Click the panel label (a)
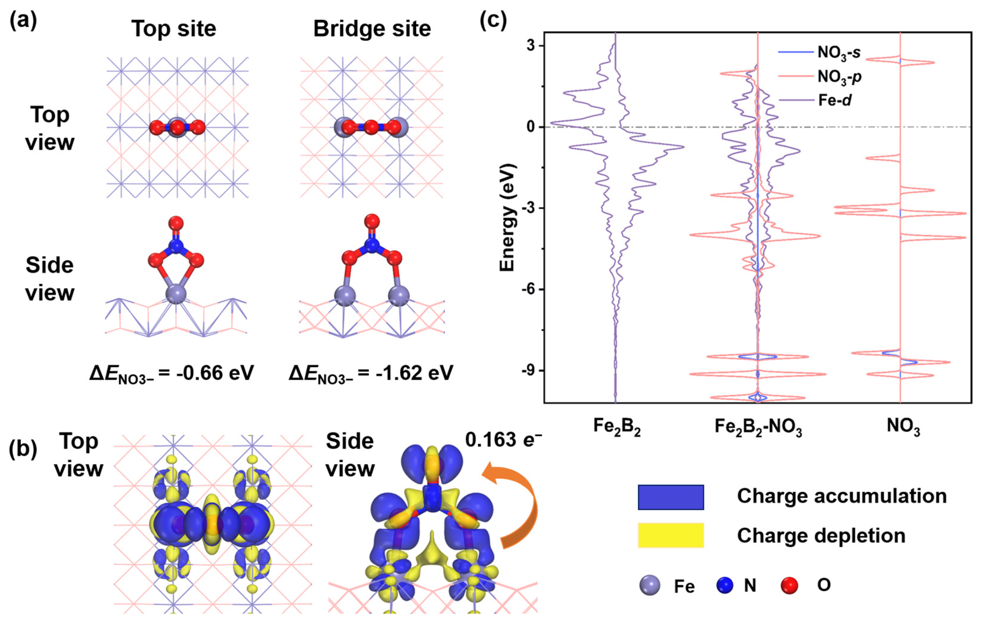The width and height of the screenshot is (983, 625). (x=23, y=20)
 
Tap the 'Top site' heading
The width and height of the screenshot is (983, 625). (x=173, y=29)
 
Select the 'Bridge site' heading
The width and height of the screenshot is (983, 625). (x=372, y=29)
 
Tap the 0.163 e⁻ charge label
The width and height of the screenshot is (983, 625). (x=503, y=440)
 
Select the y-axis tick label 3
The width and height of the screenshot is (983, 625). (x=531, y=46)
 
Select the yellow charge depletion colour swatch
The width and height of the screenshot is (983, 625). (x=671, y=535)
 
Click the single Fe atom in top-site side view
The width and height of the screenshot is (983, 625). (x=176, y=294)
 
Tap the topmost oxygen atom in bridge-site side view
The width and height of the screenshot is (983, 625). (x=371, y=221)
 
